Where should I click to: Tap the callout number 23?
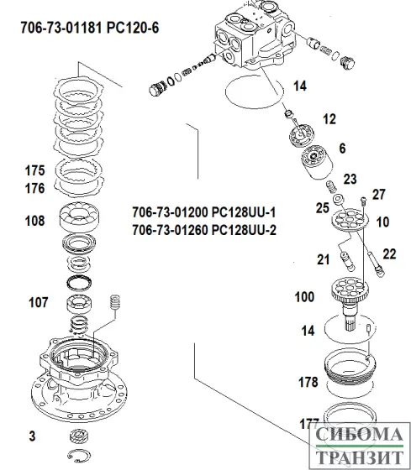click(350, 178)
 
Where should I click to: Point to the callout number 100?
click(304, 297)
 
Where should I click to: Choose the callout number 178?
click(308, 382)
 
